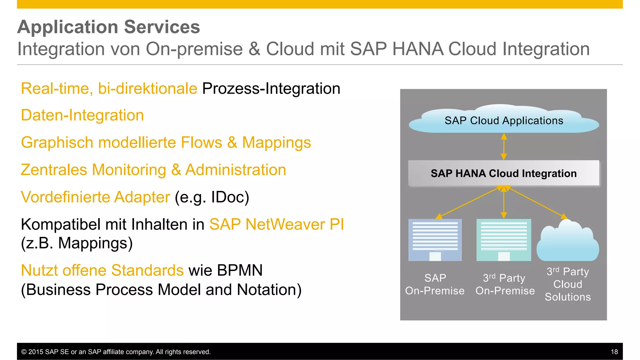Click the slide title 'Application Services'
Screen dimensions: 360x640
(x=108, y=27)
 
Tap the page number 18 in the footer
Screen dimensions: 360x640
(x=614, y=352)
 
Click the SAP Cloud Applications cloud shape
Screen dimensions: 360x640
(x=504, y=120)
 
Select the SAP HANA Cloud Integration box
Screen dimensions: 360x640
(x=503, y=173)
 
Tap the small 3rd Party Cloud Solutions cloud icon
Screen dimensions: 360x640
(x=567, y=242)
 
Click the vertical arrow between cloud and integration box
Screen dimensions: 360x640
(x=504, y=147)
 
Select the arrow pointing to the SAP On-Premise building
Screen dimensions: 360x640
(x=469, y=202)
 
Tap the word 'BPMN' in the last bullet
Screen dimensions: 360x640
(x=240, y=270)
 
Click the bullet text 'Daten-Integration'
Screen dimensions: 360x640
(x=82, y=115)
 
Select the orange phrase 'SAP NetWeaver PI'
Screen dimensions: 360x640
(x=277, y=224)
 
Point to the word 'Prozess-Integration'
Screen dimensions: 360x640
(x=271, y=88)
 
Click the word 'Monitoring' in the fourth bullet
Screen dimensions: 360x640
(x=129, y=170)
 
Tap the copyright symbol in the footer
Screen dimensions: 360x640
(x=24, y=352)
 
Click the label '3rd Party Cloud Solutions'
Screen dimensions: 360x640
(x=567, y=284)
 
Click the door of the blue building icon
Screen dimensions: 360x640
(x=435, y=256)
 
